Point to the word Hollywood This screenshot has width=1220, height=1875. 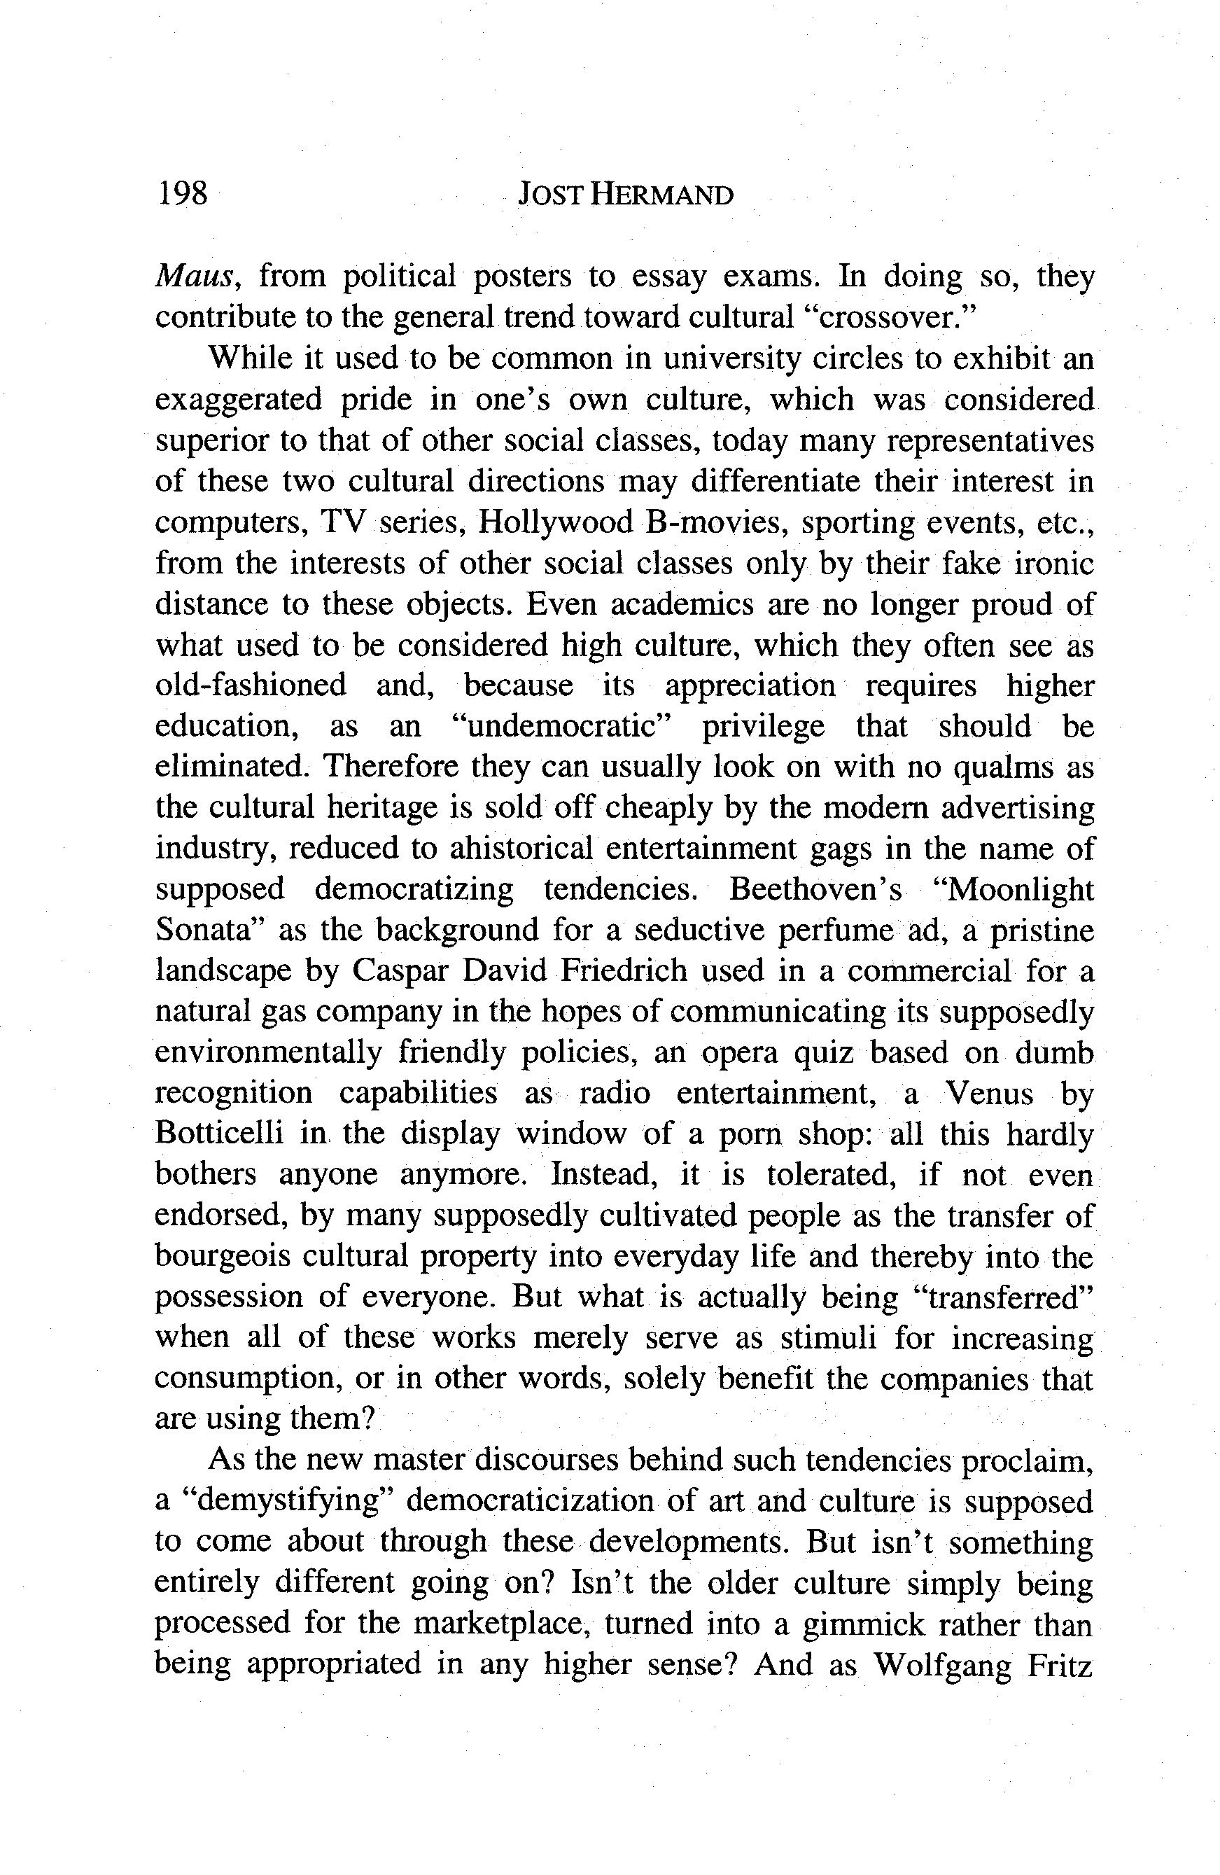(556, 522)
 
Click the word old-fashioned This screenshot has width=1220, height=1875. (251, 685)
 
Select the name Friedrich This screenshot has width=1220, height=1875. (624, 971)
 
